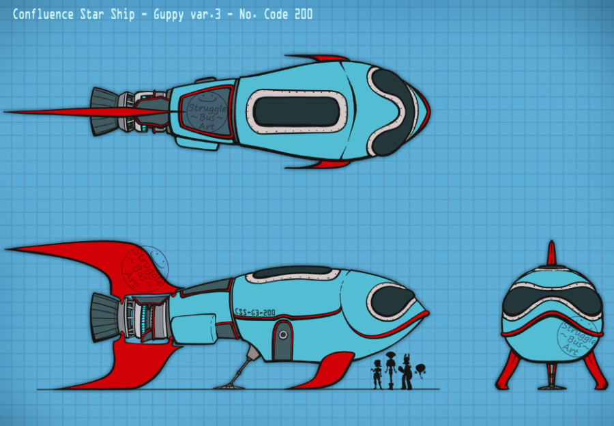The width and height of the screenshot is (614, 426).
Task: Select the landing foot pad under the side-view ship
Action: (x=228, y=386)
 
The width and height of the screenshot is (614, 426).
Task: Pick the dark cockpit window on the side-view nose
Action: (x=392, y=299)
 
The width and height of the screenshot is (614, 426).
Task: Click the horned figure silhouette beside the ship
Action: (x=406, y=372)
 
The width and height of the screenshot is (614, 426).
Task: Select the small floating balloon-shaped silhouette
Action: (x=421, y=369)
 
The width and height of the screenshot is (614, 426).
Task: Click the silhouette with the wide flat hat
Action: (x=390, y=369)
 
